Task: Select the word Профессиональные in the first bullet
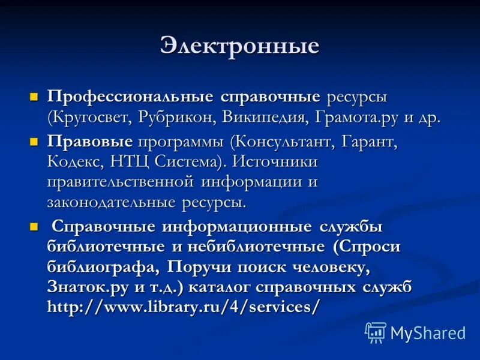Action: [x=130, y=97]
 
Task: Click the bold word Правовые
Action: [x=90, y=143]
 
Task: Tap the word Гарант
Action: [x=369, y=143]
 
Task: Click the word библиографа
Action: [x=102, y=266]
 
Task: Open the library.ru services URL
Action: [x=184, y=306]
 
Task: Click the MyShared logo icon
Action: [x=376, y=332]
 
